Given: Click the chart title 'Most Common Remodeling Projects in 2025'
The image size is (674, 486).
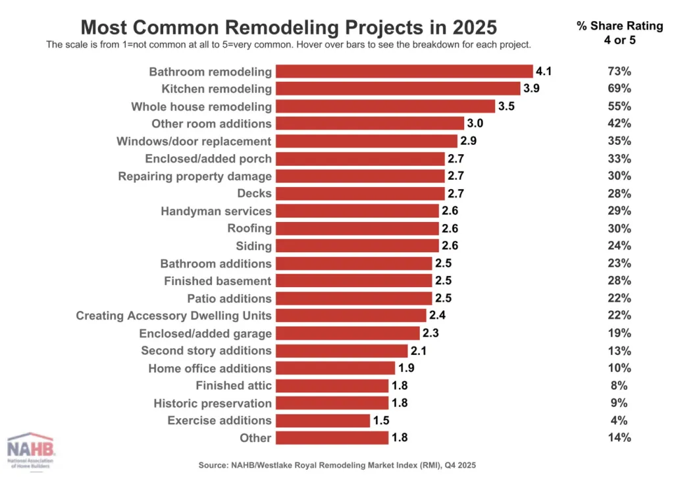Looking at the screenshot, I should tap(288, 27).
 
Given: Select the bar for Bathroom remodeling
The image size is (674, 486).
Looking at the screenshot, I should tap(403, 71).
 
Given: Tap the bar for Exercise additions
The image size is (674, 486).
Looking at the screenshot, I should tap(323, 420).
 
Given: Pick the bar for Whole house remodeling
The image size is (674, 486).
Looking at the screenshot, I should tap(385, 106).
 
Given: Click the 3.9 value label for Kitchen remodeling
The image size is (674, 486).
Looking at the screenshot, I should tap(531, 89).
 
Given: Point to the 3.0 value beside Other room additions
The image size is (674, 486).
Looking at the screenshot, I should tap(475, 124).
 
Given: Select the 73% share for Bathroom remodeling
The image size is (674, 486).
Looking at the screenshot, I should tap(619, 71).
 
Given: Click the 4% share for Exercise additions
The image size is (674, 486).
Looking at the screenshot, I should tap(619, 420).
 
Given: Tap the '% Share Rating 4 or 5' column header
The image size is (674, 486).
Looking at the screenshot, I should tap(619, 32).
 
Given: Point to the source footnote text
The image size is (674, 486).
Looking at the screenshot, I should tap(336, 465).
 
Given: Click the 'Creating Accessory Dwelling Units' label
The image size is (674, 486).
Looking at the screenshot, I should tap(174, 315).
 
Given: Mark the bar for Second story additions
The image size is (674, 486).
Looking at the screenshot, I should tap(341, 350).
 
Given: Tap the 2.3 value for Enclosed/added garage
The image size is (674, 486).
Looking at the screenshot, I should tap(430, 333).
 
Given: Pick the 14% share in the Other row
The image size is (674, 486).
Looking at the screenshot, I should tap(619, 438).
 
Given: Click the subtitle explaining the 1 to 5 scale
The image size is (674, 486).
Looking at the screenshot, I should tap(288, 45).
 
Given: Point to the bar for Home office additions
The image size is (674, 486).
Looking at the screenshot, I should tap(335, 368).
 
